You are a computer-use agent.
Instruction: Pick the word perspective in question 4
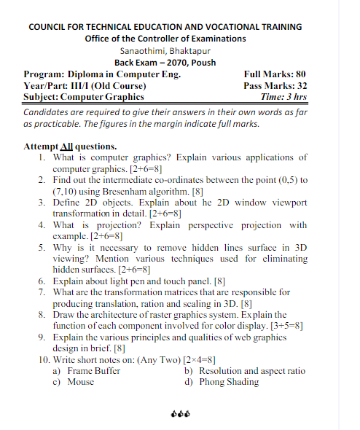pos(206,225)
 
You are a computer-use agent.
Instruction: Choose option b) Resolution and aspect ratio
pos(245,370)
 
